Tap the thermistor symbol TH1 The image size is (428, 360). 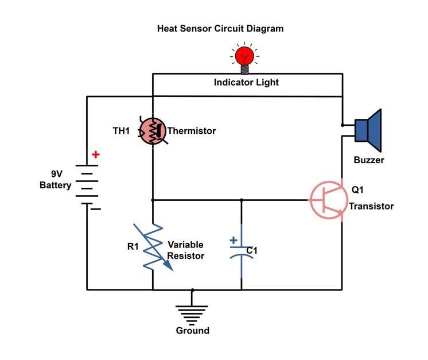tap(153, 131)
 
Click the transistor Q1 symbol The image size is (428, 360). tap(329, 200)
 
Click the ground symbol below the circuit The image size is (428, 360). tap(192, 311)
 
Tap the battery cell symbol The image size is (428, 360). tap(87, 184)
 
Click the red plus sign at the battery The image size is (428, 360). tap(95, 154)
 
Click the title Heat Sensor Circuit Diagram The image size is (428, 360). tap(220, 28)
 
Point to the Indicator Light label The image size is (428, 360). tap(246, 82)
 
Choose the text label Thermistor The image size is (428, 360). tap(192, 131)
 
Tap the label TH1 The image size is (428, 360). tap(121, 131)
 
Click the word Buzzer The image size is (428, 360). tap(368, 160)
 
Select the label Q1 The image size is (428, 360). tap(357, 190)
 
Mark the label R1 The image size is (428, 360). tap(133, 246)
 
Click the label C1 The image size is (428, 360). tap(252, 250)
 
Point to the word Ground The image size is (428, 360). tap(192, 330)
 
